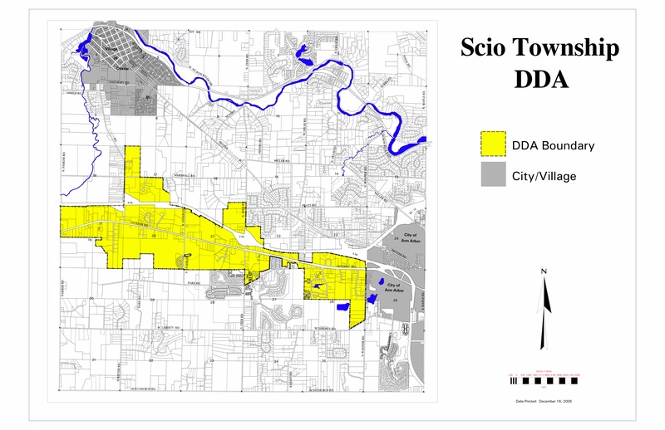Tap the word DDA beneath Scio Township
pos(540,80)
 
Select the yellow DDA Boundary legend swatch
pos(495,145)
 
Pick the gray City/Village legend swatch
pos(495,175)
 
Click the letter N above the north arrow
pos(543,271)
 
